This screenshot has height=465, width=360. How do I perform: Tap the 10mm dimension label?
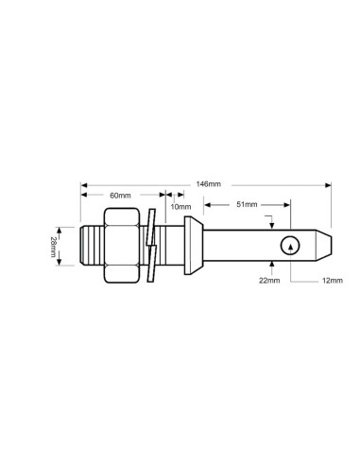(180, 206)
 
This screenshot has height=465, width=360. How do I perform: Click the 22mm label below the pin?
(269, 280)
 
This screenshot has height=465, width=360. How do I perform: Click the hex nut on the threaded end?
(122, 246)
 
